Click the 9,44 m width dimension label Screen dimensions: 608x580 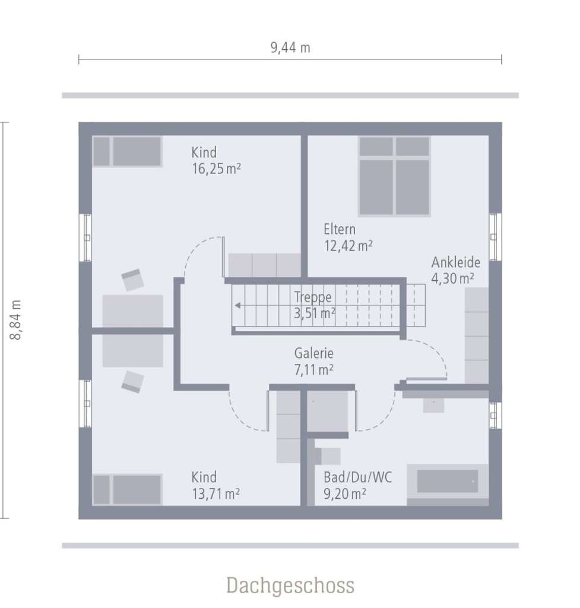pos(290,48)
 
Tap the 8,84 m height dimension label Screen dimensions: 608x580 pos(16,319)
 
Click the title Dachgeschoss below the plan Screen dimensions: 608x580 pos(290,585)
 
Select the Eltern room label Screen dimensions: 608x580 pos(340,229)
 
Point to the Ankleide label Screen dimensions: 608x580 pos(455,262)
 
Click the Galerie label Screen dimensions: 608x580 pos(314,353)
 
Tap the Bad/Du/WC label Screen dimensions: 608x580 pos(357,477)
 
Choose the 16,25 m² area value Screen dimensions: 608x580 pos(216,169)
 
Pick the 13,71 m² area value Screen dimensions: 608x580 pos(216,493)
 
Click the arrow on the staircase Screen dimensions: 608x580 pos(238,306)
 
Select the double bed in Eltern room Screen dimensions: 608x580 pos(394,176)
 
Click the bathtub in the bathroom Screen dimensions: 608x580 pos(448,482)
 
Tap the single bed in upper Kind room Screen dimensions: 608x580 pos(128,151)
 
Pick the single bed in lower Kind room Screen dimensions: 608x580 pos(128,489)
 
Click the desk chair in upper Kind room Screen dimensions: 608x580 pos(132,280)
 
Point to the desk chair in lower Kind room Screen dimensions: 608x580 pos(132,381)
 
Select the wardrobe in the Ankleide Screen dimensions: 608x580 pos(476,335)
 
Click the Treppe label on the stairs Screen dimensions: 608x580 pos(313,297)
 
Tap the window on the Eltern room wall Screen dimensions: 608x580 pos(495,236)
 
